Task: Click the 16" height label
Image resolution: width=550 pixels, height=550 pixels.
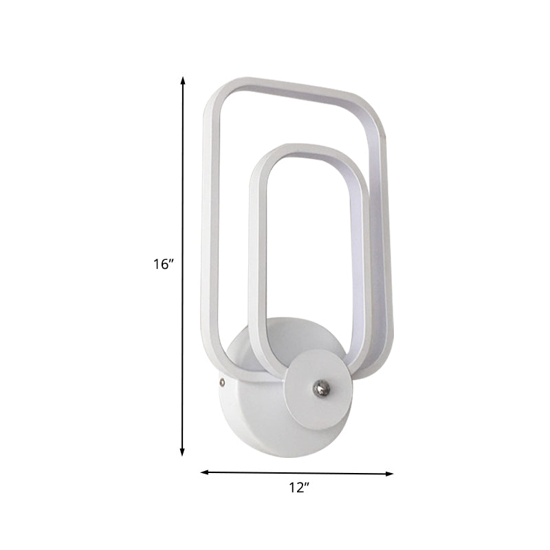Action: click(x=164, y=264)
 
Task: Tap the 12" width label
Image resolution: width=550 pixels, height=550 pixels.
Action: click(x=298, y=489)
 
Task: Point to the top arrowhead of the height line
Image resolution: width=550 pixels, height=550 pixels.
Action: click(x=183, y=80)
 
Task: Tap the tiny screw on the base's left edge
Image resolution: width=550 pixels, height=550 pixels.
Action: click(x=221, y=379)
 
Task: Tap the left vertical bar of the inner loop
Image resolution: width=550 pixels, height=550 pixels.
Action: click(x=256, y=261)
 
